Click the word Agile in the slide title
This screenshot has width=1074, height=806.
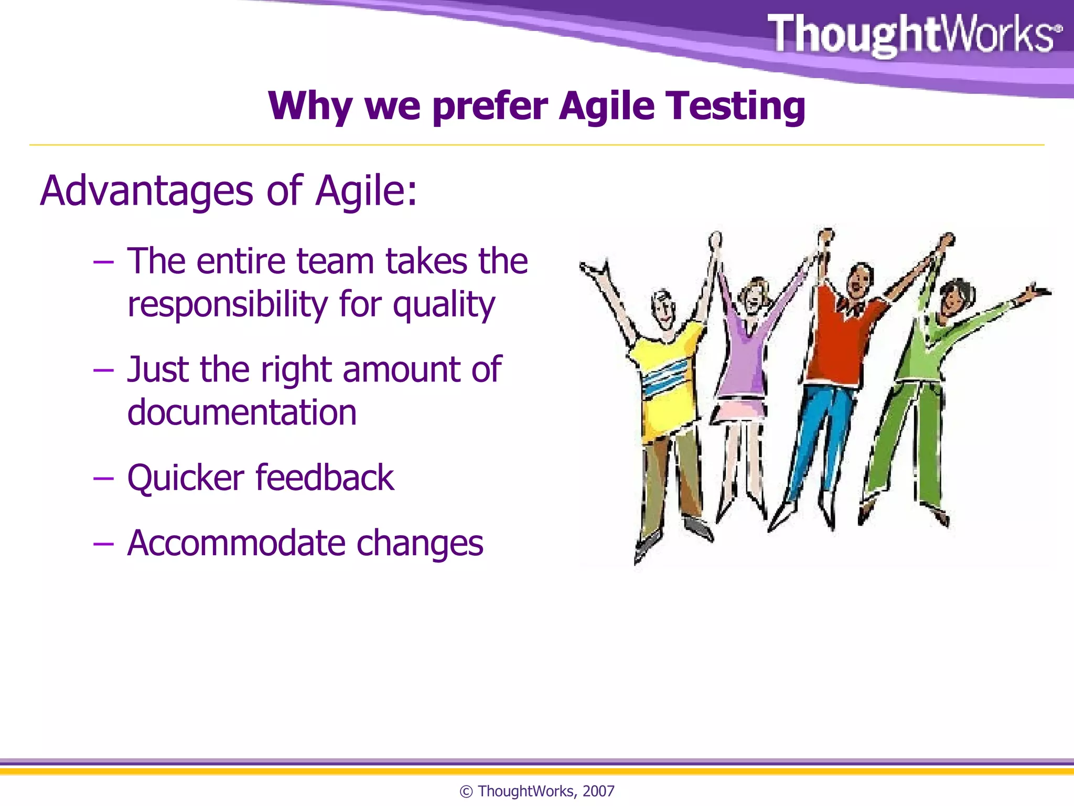click(607, 107)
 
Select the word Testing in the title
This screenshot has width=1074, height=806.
click(736, 107)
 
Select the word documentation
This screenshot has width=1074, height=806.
click(242, 412)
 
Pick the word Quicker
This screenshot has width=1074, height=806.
click(186, 479)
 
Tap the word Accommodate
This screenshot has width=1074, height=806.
click(236, 543)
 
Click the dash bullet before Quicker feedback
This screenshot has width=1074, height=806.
click(103, 479)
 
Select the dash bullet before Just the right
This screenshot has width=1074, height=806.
click(103, 370)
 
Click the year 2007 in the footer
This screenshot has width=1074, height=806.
click(598, 791)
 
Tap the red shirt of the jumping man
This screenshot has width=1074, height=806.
click(839, 341)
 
